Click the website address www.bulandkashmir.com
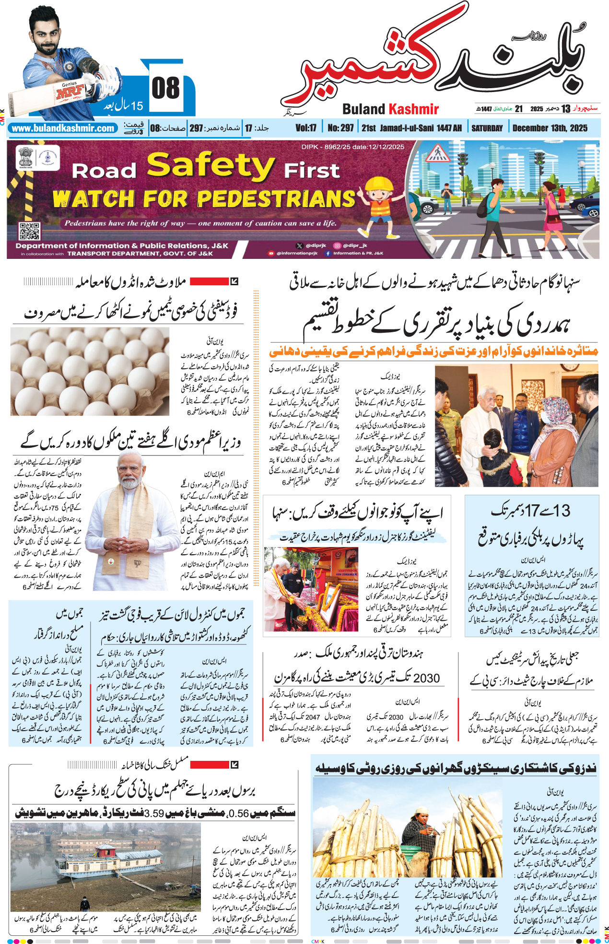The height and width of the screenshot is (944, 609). coord(63,128)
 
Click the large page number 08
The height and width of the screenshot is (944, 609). coord(165,88)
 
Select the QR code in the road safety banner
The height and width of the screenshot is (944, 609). coord(29,231)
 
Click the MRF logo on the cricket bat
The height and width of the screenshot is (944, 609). coord(70,92)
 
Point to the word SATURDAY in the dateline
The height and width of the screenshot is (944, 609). coord(487,128)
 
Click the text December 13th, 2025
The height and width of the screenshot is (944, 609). coord(550,128)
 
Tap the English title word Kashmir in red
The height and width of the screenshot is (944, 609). coord(413,109)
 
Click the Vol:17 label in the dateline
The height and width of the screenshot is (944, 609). coord(306,128)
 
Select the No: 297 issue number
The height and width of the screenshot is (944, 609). coord(340,128)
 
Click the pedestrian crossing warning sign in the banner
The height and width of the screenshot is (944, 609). coord(437,153)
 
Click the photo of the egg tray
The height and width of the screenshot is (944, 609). coord(90,371)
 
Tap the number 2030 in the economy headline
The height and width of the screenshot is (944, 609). coord(426,678)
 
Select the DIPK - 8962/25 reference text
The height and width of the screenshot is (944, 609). coord(352,147)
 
